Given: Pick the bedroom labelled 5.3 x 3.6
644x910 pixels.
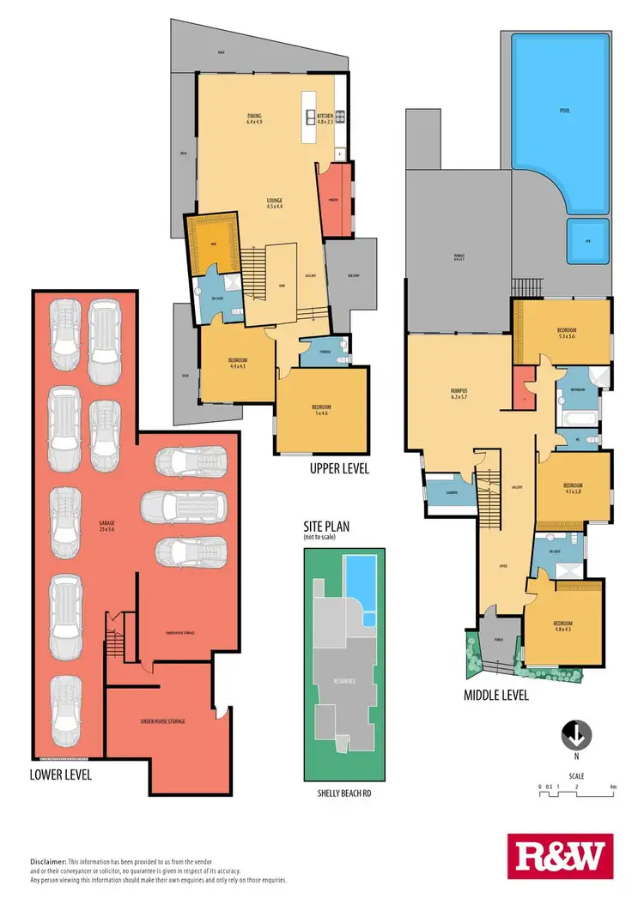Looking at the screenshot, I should (x=566, y=334).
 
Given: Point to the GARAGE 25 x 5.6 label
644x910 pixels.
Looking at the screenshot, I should (x=107, y=524).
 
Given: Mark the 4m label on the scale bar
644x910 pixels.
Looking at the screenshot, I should (x=613, y=786).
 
